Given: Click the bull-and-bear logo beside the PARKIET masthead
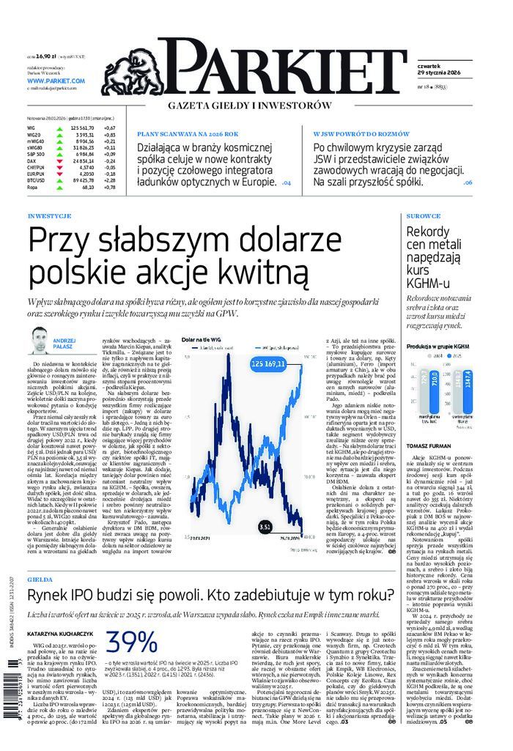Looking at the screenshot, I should tap(137, 65).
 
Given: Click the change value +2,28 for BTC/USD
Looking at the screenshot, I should tap(110, 180).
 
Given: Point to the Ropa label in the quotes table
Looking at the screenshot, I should tap(32, 187).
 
